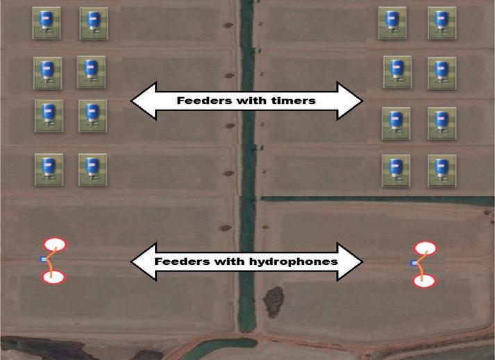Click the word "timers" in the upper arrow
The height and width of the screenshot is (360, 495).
coord(292,101)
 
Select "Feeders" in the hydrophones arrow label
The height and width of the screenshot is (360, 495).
coord(180,262)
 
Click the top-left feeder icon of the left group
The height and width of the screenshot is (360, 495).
coord(46,22)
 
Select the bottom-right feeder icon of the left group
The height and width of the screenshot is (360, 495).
coord(92,168)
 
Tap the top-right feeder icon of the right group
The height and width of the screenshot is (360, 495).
coord(441,22)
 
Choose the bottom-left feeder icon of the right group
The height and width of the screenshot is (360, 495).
coord(395,169)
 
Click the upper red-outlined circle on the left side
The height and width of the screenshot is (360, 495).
coord(54,245)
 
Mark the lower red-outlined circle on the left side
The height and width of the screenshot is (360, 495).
coord(53,277)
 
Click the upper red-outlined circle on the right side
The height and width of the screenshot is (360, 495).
coord(424,248)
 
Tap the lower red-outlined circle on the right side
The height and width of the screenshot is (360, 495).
coord(424,280)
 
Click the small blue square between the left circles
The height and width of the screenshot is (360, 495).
coord(43,259)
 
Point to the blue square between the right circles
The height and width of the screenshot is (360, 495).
coord(414,263)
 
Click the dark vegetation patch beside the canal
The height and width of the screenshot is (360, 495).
coord(272,300)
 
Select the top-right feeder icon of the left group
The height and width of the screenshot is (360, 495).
coord(92,22)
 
